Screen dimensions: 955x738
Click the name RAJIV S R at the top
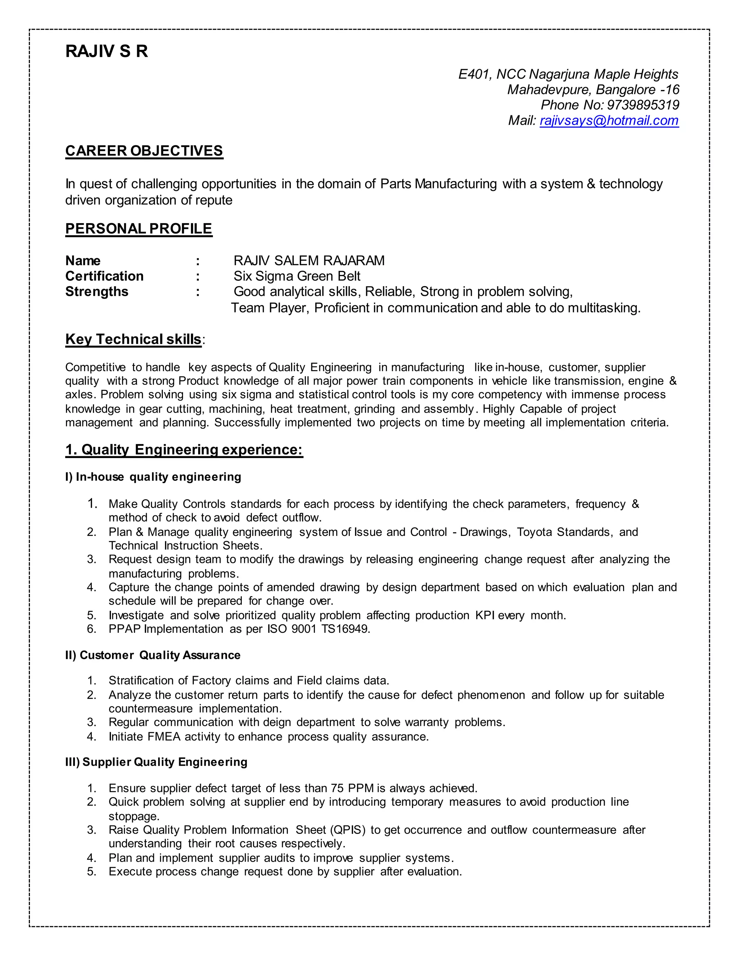pyautogui.click(x=107, y=51)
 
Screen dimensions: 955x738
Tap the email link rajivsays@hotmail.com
pyautogui.click(x=609, y=120)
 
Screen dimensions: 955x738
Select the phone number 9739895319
pyautogui.click(x=643, y=105)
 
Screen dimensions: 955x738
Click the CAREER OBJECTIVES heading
pyautogui.click(x=144, y=151)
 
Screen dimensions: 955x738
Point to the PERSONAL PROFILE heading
pyautogui.click(x=139, y=229)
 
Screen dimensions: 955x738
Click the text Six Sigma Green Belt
pyautogui.click(x=297, y=276)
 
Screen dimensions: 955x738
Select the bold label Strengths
pyautogui.click(x=97, y=292)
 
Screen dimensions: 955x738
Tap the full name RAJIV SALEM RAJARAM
pyautogui.click(x=309, y=261)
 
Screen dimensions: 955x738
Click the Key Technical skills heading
pyautogui.click(x=133, y=339)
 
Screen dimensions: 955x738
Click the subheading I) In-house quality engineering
pyautogui.click(x=153, y=477)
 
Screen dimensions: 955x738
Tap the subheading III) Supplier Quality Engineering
pyautogui.click(x=156, y=762)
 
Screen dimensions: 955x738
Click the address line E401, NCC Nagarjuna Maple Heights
pyautogui.click(x=568, y=74)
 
